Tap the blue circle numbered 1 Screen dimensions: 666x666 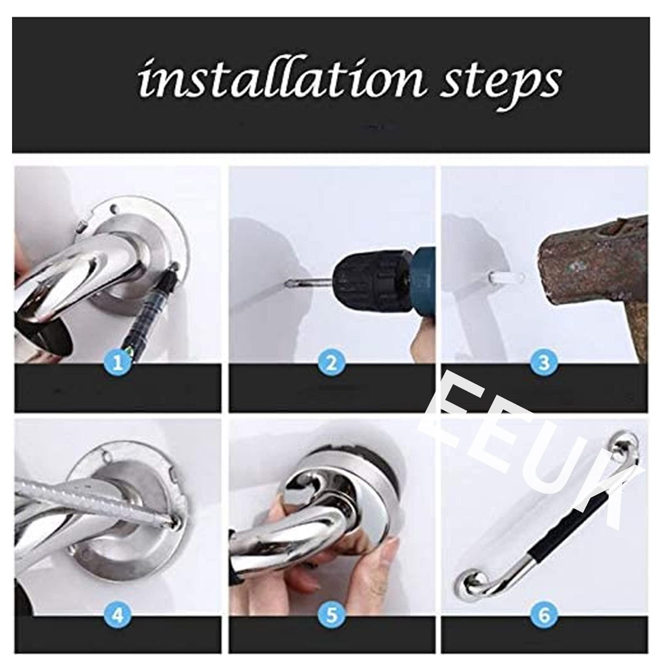[x=118, y=363]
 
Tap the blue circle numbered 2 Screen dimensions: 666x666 [x=331, y=363]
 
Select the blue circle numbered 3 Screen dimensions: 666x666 [x=544, y=363]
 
